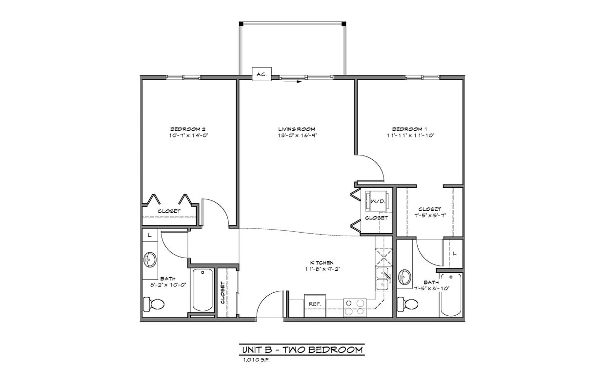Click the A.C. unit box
(x=261, y=74)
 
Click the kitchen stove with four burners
(x=355, y=307)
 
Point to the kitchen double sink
(x=383, y=279)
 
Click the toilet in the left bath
(x=155, y=305)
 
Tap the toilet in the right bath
(x=408, y=305)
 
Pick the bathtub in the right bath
(x=451, y=295)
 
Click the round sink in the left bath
(x=150, y=259)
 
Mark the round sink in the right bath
(x=405, y=277)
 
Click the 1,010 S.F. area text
(x=256, y=360)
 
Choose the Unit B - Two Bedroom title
(x=302, y=350)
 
